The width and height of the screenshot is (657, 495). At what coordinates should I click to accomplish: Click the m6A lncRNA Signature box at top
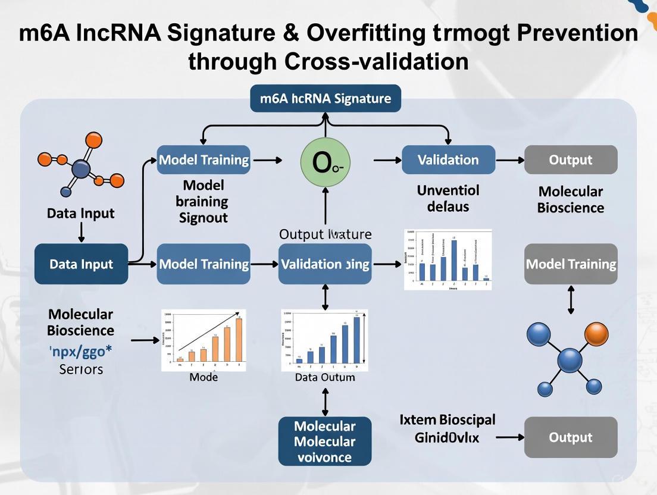coord(326,98)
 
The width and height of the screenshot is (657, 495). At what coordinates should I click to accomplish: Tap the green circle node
coord(325,160)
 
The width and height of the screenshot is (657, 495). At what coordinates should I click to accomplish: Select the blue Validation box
coord(448,160)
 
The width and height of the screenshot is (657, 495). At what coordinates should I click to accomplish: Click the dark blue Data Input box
coord(81,264)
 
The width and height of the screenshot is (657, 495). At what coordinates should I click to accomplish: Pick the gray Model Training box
coord(571,264)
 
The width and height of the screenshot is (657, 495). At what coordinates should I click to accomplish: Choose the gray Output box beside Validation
coord(570,160)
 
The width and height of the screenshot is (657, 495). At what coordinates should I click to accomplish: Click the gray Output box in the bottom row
coord(570,437)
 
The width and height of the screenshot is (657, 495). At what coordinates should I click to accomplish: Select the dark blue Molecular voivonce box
coord(324,441)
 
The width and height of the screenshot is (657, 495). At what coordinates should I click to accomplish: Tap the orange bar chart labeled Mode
coord(204,340)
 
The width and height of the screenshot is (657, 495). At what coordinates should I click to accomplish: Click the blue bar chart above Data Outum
coord(324,340)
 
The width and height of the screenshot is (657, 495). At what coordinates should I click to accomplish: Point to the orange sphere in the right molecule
coord(596,334)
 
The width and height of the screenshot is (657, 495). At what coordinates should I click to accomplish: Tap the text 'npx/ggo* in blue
coord(80,350)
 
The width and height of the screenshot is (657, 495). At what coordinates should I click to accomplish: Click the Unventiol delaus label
coord(448,199)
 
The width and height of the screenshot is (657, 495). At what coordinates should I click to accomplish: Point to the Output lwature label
coord(325,234)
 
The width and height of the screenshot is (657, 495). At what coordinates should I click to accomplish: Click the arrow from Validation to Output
coord(509,160)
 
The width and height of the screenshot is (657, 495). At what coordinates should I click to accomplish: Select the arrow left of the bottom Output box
coord(509,437)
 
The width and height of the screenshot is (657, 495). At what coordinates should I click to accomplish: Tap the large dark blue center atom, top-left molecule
coord(80,169)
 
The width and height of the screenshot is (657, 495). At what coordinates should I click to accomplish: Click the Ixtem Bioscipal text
coord(448,419)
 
